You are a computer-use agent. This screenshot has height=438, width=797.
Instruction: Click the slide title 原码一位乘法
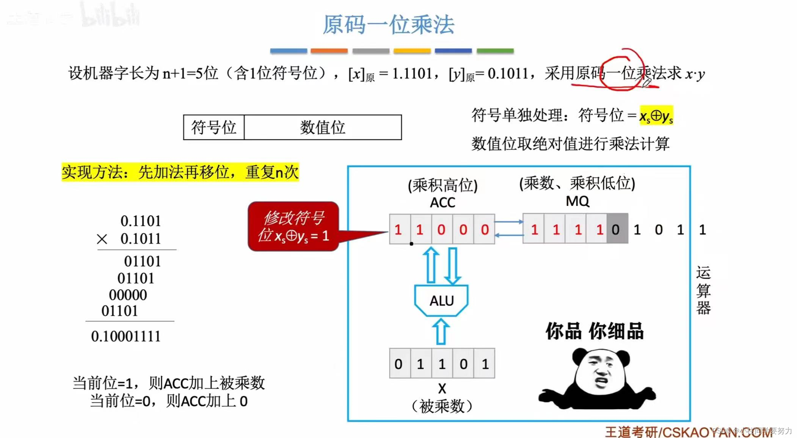388,25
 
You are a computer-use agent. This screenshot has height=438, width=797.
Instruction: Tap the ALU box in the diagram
441,301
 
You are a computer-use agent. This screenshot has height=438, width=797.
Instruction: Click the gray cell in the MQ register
617,229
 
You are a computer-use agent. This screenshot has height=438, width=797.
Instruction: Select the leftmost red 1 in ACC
398,229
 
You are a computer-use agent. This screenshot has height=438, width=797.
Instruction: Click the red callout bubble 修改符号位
293,226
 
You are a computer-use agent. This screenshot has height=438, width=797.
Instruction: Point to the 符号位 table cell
213,128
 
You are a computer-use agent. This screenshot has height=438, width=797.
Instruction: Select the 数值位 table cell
322,128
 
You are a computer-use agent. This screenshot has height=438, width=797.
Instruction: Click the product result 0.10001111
126,336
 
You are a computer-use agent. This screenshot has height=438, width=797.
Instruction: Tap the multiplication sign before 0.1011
102,239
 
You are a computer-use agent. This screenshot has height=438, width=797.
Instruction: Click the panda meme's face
601,373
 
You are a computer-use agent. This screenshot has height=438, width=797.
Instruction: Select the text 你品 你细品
594,331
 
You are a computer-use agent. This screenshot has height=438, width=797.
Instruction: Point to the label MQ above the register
577,201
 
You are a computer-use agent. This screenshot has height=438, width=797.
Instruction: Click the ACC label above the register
442,203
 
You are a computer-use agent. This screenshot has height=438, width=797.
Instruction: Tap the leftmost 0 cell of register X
398,364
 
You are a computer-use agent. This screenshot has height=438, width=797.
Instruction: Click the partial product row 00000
128,295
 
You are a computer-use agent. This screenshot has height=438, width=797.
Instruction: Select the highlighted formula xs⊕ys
656,116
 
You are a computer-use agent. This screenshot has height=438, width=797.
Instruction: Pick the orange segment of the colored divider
329,51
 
